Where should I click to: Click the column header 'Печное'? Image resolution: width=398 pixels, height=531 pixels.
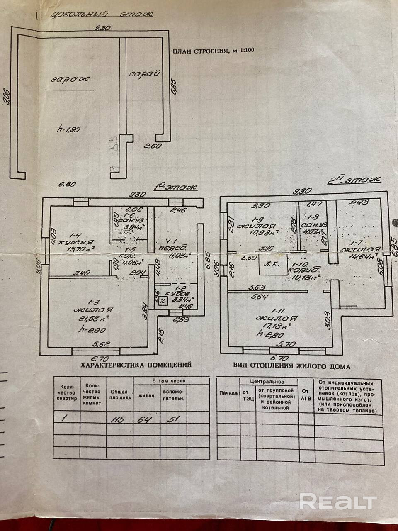coord(228,393)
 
